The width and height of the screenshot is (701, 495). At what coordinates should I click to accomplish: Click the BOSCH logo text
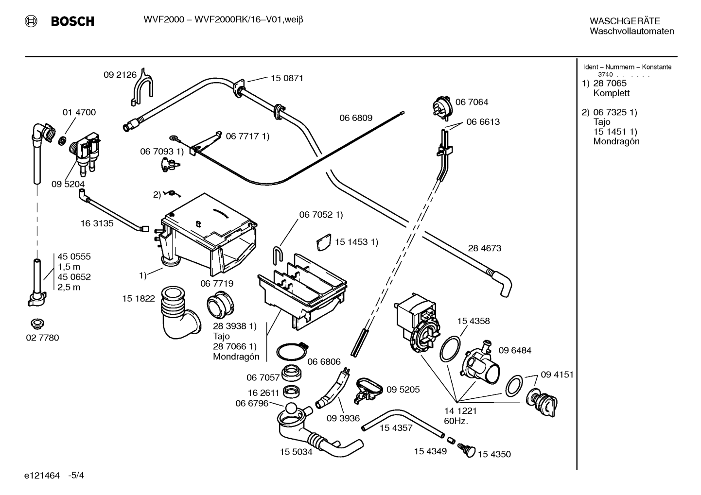pyautogui.click(x=72, y=21)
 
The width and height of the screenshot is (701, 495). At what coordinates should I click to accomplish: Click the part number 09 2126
pyautogui.click(x=120, y=75)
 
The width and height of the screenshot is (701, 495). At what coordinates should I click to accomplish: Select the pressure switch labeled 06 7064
pyautogui.click(x=442, y=108)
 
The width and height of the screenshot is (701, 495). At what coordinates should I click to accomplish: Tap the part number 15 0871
pyautogui.click(x=287, y=78)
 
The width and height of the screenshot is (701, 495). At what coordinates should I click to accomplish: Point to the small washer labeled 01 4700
pyautogui.click(x=62, y=140)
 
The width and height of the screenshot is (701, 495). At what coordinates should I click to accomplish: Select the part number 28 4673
pyautogui.click(x=485, y=248)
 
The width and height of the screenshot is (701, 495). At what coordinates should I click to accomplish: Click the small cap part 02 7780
pyautogui.click(x=37, y=324)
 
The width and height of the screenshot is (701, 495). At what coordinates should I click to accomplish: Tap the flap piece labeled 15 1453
pyautogui.click(x=324, y=242)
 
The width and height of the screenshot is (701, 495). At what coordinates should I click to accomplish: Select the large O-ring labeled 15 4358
pyautogui.click(x=450, y=349)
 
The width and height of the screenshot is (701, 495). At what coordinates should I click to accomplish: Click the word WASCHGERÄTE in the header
pyautogui.click(x=625, y=21)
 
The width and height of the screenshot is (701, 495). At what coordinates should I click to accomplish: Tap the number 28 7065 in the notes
pyautogui.click(x=610, y=84)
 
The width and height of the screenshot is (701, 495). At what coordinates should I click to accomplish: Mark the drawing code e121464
pyautogui.click(x=42, y=476)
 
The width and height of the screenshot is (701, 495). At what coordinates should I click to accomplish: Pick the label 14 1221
pyautogui.click(x=460, y=411)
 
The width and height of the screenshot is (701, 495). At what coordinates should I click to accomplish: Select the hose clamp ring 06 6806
pyautogui.click(x=292, y=351)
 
